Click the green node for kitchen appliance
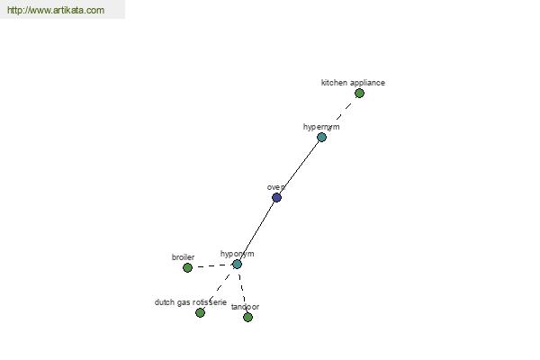359,93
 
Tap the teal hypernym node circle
321,137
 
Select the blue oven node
276,197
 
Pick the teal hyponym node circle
237,265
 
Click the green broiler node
187,267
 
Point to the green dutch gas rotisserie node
200,312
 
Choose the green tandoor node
247,318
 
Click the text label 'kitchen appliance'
353,83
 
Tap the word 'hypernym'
321,127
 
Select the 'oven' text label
276,187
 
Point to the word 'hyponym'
238,254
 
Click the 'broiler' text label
183,257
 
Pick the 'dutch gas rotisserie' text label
191,302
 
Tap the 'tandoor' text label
245,307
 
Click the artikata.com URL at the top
56,10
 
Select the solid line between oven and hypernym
299,167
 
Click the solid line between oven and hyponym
256,230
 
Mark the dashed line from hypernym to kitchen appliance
340,115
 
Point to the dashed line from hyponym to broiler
212,266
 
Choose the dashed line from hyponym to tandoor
242,291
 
